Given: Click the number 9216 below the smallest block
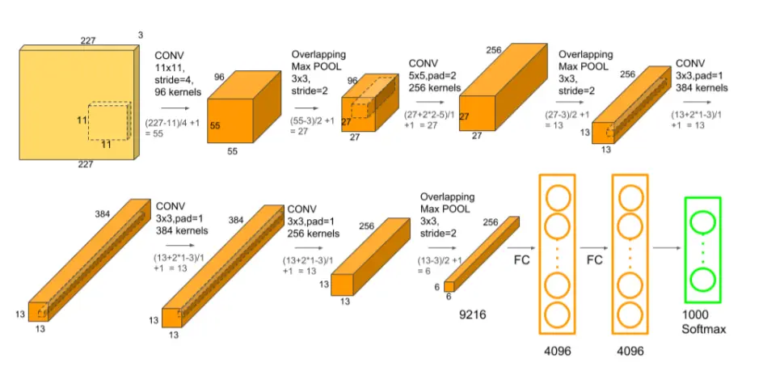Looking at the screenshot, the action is click(473, 315).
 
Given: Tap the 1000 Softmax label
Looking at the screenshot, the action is click(703, 322).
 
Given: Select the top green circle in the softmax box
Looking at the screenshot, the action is click(702, 223).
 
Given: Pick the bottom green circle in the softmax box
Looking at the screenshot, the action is click(702, 280).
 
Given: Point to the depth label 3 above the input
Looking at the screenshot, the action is click(141, 35).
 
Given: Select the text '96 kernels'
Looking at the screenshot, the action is click(178, 92).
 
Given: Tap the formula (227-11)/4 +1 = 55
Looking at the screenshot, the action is click(172, 128).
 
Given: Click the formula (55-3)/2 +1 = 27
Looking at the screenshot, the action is click(313, 125).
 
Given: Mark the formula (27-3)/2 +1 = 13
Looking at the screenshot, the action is click(567, 120).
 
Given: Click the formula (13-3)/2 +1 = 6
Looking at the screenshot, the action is click(440, 265).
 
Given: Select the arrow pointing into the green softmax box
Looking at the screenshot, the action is click(667, 248).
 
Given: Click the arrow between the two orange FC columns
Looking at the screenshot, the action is click(593, 248).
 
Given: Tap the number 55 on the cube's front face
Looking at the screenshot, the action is click(215, 125).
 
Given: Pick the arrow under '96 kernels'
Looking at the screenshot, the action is click(175, 108).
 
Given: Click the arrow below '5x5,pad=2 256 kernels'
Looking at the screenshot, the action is click(430, 102).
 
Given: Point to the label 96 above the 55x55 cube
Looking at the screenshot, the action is click(219, 77).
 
